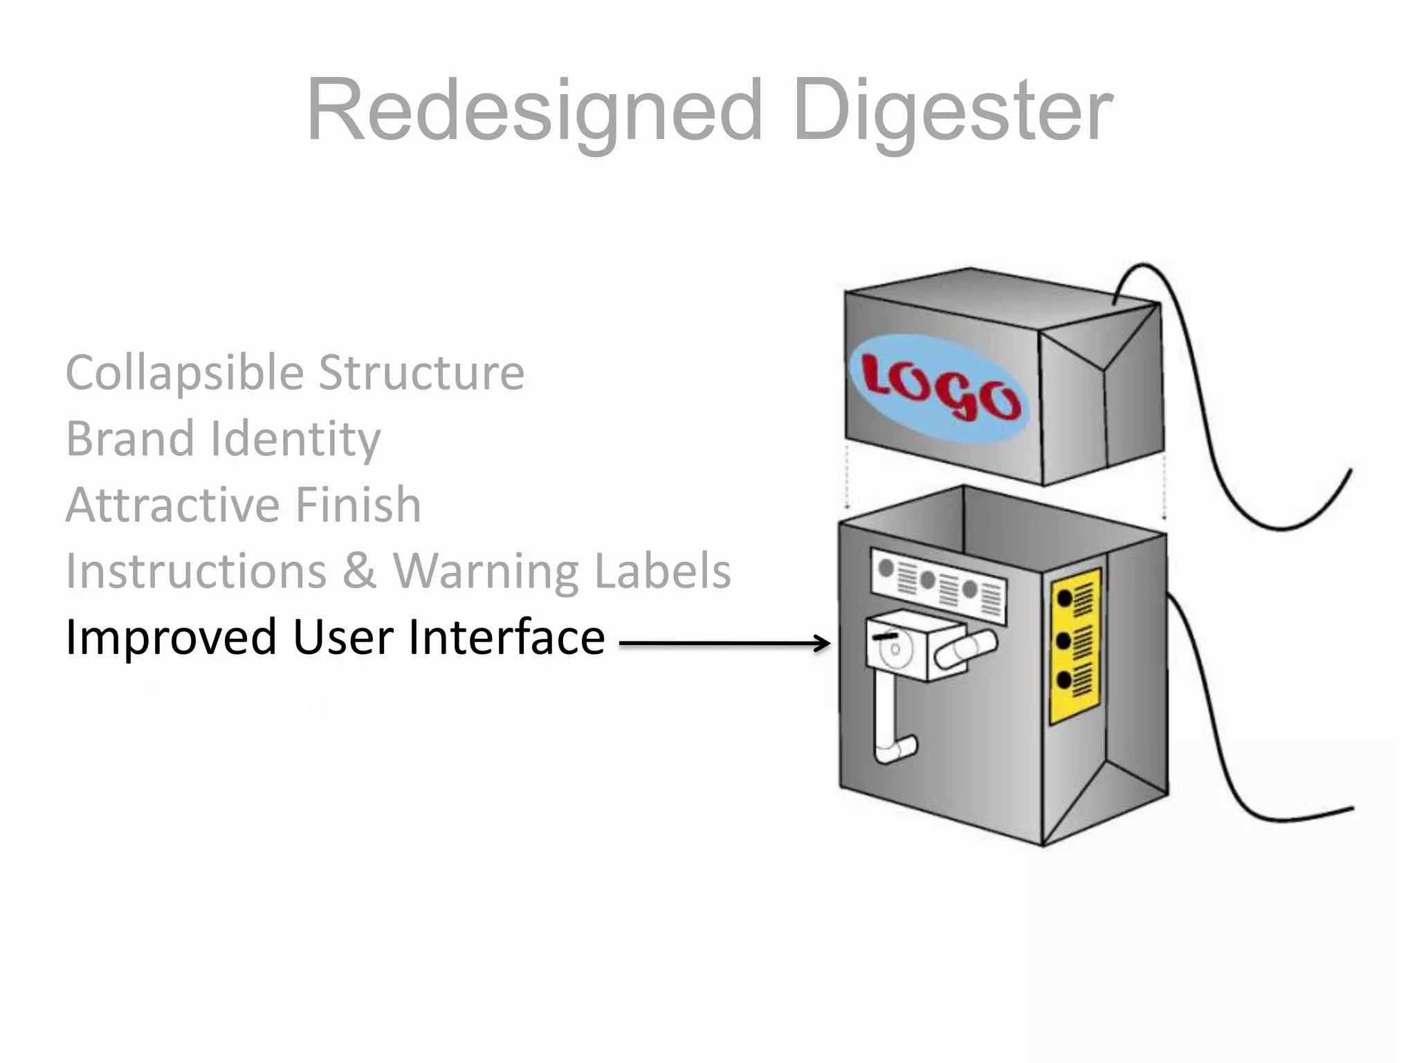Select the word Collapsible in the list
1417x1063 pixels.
(x=185, y=374)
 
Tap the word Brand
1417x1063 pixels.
(x=130, y=439)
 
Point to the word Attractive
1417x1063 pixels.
(x=171, y=505)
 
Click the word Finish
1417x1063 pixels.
(x=358, y=505)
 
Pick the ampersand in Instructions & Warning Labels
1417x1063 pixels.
(x=359, y=572)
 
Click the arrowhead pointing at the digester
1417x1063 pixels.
(x=822, y=643)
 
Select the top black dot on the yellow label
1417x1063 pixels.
(x=1064, y=598)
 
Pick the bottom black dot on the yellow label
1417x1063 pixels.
(x=1064, y=681)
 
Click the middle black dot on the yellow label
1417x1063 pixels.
(x=1064, y=641)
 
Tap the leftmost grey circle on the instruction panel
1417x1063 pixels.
(x=886, y=569)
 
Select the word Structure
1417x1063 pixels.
(x=421, y=374)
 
